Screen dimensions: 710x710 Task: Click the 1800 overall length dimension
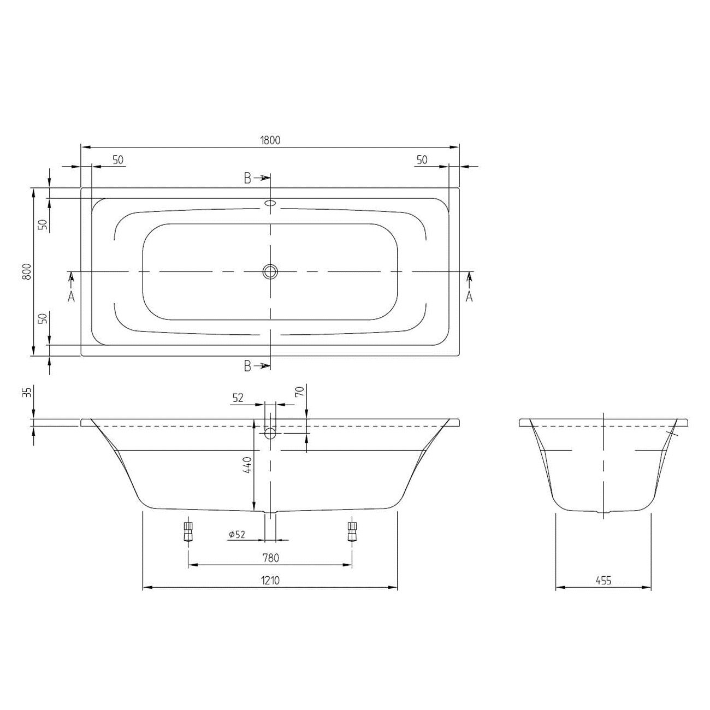click(x=270, y=140)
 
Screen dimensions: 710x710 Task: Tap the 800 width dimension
click(x=27, y=272)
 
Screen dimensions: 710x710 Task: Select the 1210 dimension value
click(x=270, y=581)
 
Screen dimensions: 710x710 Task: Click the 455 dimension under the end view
click(x=603, y=581)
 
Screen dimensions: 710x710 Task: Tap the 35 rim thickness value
click(x=27, y=392)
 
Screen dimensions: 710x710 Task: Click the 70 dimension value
click(x=299, y=391)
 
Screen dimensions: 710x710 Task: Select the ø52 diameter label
click(x=236, y=534)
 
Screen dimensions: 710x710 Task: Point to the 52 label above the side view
click(x=238, y=398)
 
